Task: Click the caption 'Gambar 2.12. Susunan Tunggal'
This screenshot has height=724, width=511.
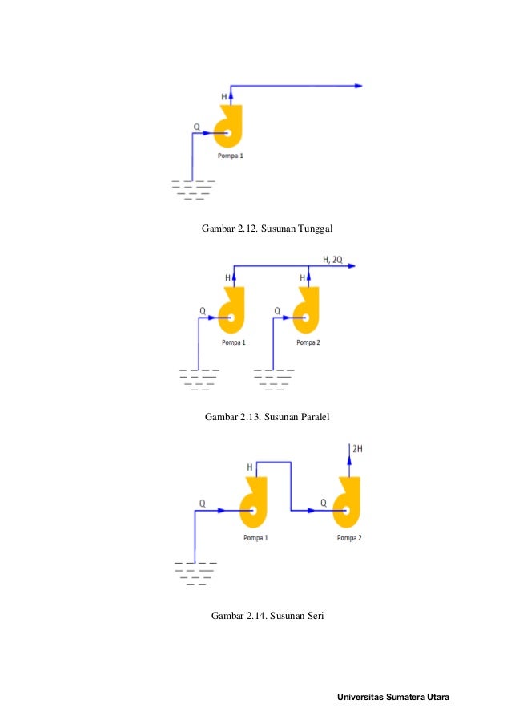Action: coord(267,229)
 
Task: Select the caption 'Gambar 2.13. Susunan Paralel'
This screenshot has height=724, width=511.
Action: coord(268,417)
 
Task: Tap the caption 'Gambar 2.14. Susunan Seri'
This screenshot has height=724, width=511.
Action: coord(267,616)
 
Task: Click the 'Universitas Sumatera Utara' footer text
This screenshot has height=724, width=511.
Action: coord(393,697)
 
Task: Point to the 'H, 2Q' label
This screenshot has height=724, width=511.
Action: coord(332,259)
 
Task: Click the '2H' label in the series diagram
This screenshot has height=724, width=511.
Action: coord(357,450)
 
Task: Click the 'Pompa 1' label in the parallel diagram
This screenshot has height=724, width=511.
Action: coord(233,342)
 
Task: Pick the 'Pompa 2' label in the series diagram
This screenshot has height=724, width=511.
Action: coord(349,538)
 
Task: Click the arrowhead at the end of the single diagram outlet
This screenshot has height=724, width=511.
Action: coord(359,86)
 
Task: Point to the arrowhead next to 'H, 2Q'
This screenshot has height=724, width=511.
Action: coord(351,265)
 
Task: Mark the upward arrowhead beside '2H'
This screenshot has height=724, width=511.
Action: coord(348,451)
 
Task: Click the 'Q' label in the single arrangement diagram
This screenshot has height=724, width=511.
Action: coord(196,127)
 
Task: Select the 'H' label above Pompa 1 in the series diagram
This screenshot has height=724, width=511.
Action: coord(249,467)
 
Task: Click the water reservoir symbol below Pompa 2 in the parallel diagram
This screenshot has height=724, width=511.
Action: coord(274,379)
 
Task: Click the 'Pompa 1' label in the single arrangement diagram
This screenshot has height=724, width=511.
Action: coord(230,156)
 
